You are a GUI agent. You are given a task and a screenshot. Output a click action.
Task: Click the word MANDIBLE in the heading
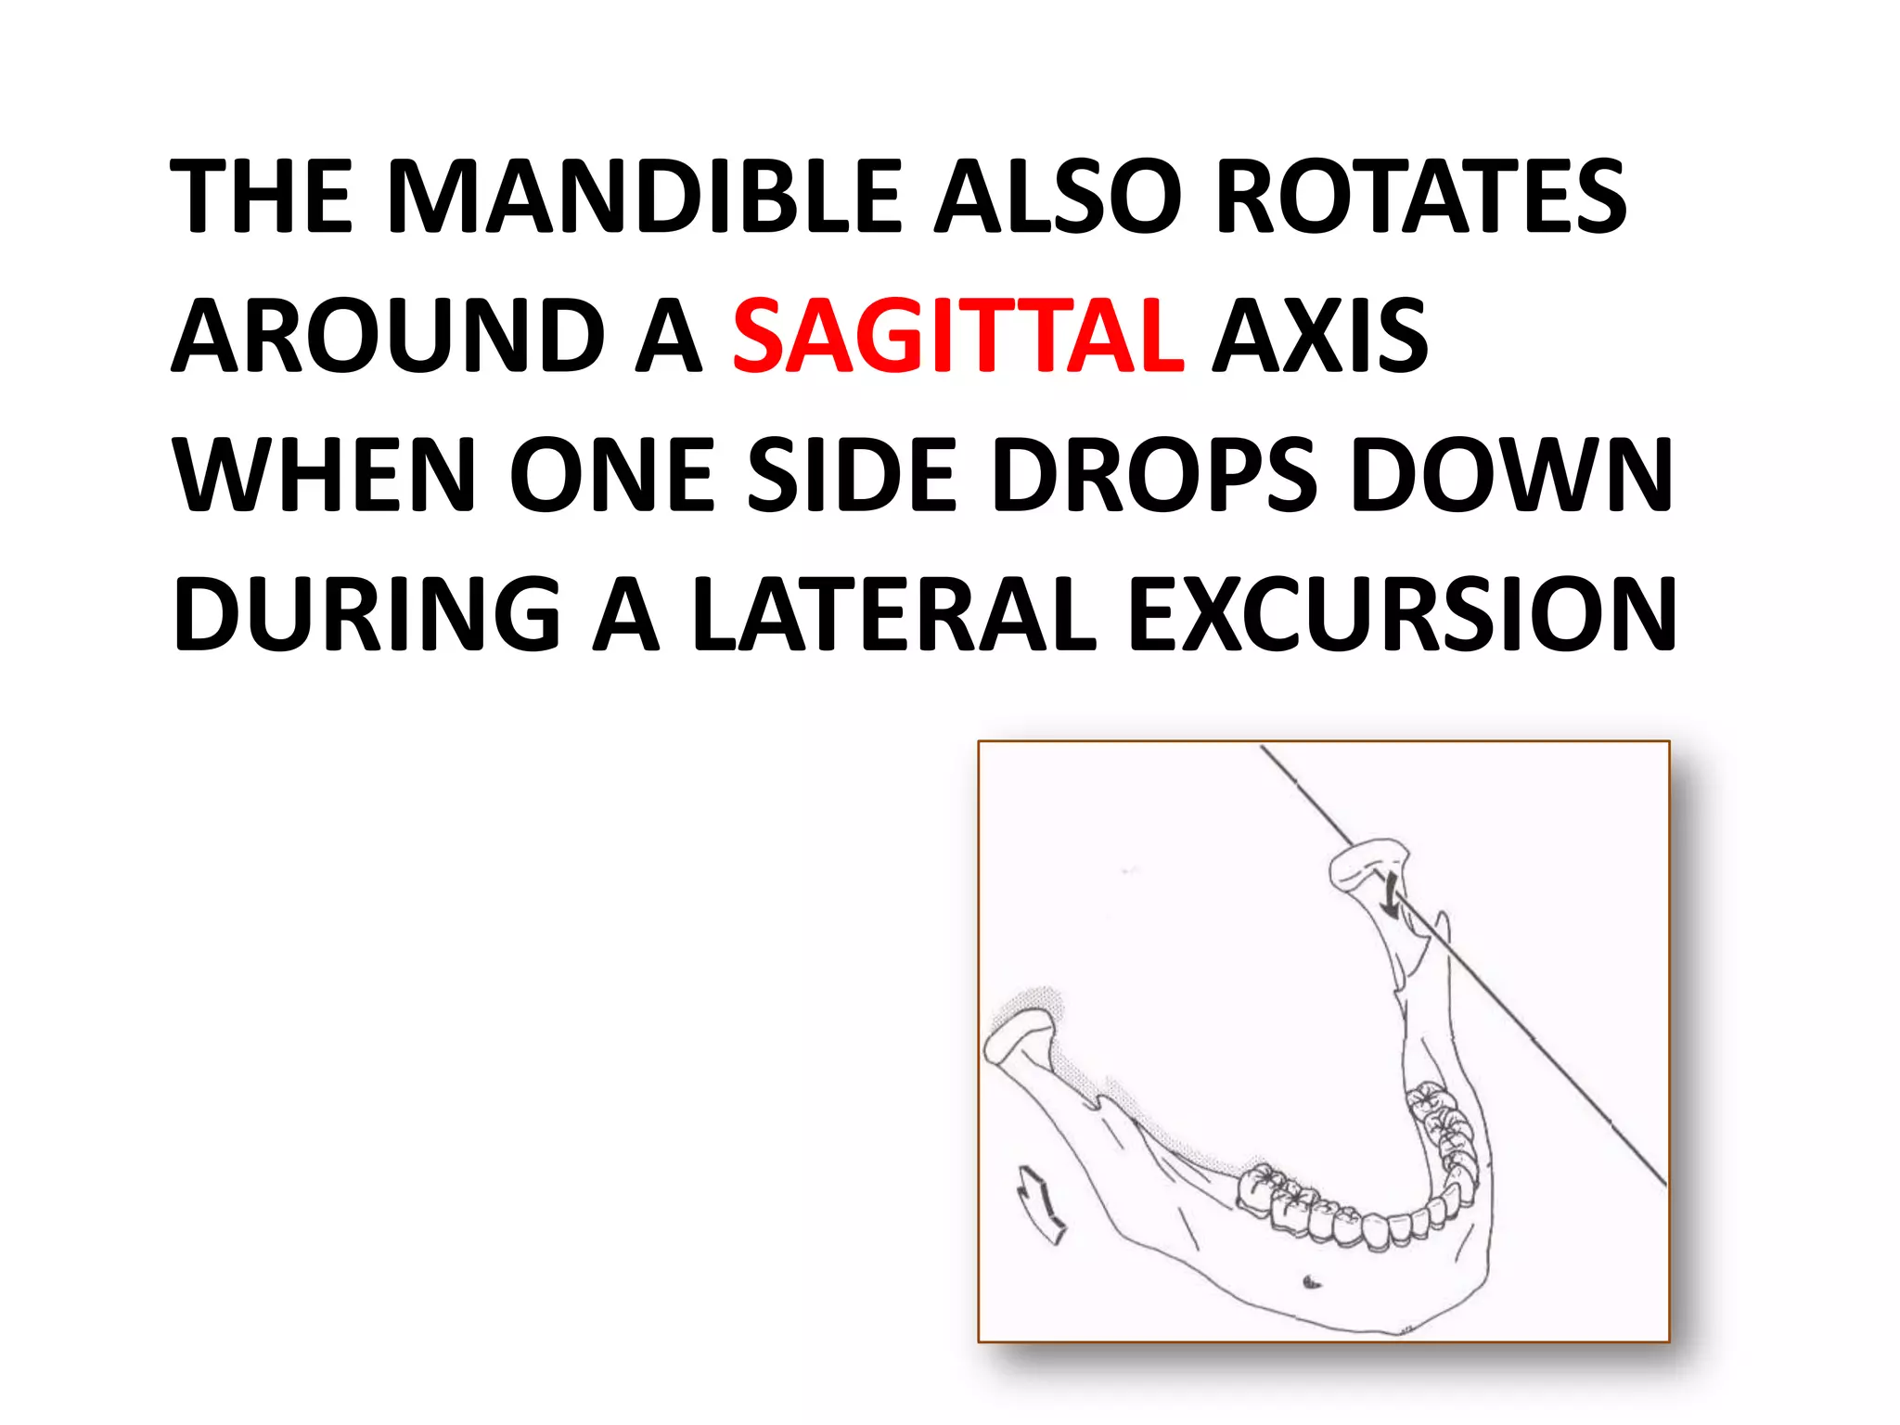[645, 196]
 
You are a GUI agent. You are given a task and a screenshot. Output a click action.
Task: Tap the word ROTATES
[1420, 196]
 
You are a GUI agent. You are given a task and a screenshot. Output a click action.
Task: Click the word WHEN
[325, 475]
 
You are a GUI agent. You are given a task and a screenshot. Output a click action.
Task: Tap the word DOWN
[1511, 475]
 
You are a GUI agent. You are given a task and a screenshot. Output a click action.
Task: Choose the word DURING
[367, 614]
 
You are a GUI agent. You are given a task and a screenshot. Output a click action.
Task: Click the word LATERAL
[894, 614]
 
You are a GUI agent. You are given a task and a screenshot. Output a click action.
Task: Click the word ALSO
[1058, 196]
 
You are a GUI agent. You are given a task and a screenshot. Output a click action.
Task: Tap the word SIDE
[852, 475]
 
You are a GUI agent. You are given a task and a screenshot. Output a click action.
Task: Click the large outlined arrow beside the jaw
[1041, 1203]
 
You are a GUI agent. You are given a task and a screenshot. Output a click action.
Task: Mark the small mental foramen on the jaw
[1311, 1283]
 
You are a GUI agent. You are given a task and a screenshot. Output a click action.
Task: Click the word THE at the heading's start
[263, 196]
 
